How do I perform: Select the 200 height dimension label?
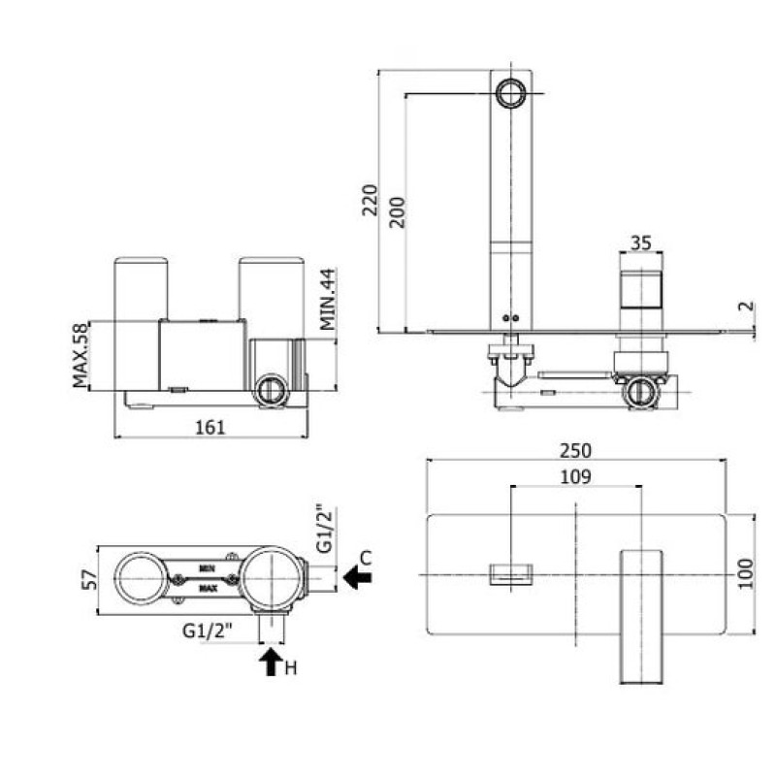[x=395, y=210]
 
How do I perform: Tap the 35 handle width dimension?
[x=640, y=244]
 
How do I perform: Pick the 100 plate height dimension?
[x=744, y=573]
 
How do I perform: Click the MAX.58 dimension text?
[x=80, y=355]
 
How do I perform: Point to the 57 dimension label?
[x=87, y=579]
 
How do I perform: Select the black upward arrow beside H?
[x=269, y=663]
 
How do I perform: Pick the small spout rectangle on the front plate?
[x=510, y=574]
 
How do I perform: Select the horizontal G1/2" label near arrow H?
[x=207, y=630]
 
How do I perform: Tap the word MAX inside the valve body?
[x=207, y=587]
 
